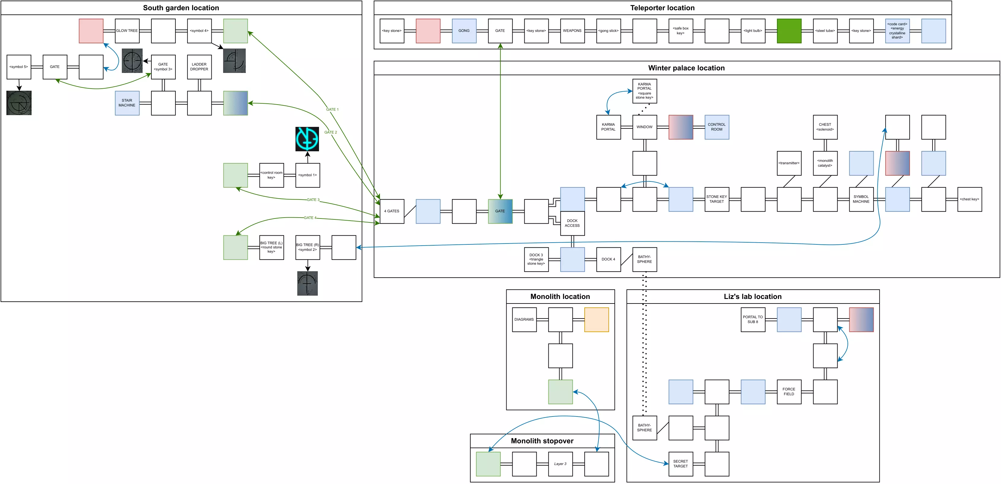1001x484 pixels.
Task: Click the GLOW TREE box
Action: (x=127, y=31)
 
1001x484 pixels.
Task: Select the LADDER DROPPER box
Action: (x=199, y=67)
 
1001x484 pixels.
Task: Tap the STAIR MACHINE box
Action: (x=127, y=103)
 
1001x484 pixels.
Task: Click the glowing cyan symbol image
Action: (x=307, y=139)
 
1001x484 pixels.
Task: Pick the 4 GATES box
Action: (x=392, y=211)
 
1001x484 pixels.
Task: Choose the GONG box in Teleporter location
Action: (x=464, y=31)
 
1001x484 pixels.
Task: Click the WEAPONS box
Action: (x=572, y=31)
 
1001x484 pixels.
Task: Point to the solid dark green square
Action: (x=789, y=31)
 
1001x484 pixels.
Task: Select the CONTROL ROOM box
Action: (x=717, y=127)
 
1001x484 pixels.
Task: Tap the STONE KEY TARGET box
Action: (x=717, y=199)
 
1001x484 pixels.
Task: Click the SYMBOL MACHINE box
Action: (x=861, y=199)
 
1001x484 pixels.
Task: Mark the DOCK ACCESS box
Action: (x=572, y=223)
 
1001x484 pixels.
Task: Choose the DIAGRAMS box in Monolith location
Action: (x=524, y=320)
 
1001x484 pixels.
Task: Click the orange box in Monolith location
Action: (x=596, y=320)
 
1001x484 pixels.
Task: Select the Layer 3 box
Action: (x=560, y=464)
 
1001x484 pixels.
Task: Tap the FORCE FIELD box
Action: (x=789, y=391)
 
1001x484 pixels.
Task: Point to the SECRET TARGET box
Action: (x=680, y=464)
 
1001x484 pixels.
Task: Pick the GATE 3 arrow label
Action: (x=313, y=200)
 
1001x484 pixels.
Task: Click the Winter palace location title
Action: (x=686, y=68)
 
